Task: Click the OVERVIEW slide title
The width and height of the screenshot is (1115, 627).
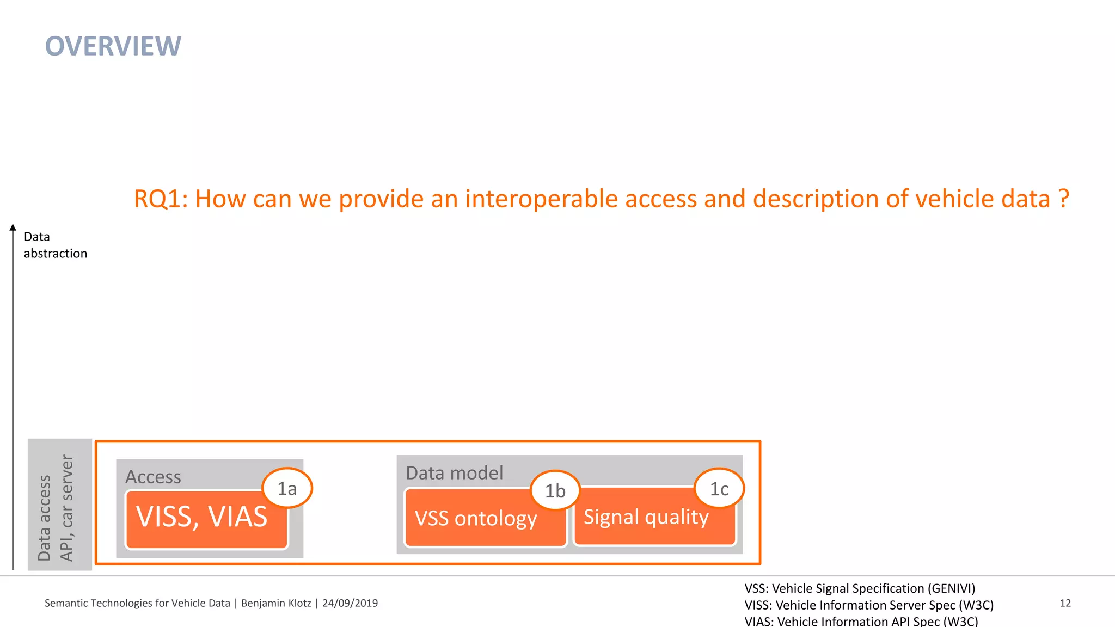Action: coord(113,46)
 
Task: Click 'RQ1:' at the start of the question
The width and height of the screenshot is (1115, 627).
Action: coord(161,199)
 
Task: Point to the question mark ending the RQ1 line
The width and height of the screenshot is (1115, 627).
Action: coord(1064,199)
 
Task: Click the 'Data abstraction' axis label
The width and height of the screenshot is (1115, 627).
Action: coord(54,245)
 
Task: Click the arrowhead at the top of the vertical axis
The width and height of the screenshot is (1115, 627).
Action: coord(13,228)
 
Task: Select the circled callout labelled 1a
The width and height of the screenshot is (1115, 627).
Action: coord(287,488)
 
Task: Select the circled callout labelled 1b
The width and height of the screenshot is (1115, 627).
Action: coord(555,491)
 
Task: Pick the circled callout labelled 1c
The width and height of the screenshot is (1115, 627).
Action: coord(719,489)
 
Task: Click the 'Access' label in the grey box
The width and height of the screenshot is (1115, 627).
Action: coord(153,477)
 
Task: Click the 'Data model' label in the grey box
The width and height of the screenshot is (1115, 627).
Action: coord(454,473)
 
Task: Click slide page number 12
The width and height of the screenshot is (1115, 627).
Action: coord(1065,603)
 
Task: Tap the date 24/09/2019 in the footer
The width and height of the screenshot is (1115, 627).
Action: coord(350,603)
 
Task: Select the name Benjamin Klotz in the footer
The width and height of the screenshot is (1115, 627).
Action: coord(275,603)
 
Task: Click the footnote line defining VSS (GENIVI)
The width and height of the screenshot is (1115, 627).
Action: coord(860,588)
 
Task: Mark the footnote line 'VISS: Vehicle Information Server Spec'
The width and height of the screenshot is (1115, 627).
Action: coord(868,605)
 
